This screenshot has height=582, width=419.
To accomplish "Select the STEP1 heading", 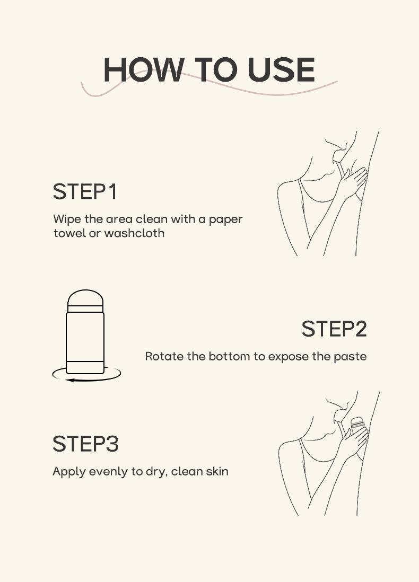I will pyautogui.click(x=85, y=192).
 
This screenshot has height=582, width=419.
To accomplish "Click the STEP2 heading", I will pyautogui.click(x=334, y=329).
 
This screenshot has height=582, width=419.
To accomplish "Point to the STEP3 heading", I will pyautogui.click(x=85, y=444).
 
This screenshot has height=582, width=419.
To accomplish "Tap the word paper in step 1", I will pyautogui.click(x=226, y=219).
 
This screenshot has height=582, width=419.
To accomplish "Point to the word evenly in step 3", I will pyautogui.click(x=106, y=472).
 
